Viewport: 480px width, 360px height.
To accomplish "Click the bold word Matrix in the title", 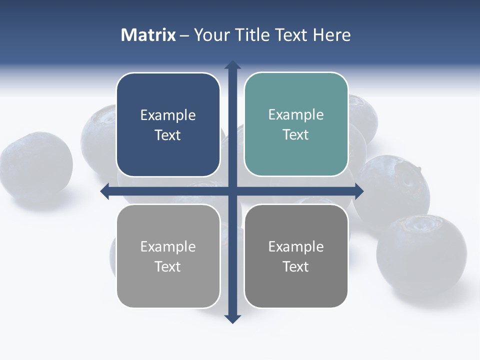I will pyautogui.click(x=148, y=35).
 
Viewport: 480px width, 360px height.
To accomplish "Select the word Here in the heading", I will pyautogui.click(x=331, y=35).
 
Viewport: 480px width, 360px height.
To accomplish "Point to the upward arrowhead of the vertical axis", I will pyautogui.click(x=232, y=65).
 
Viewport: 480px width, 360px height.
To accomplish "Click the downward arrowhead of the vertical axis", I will pyautogui.click(x=232, y=318).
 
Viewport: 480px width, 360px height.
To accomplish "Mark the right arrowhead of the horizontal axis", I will pyautogui.click(x=359, y=191).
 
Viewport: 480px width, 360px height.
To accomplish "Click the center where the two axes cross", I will pyautogui.click(x=232, y=191).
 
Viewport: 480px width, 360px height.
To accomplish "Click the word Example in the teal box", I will pyautogui.click(x=296, y=115).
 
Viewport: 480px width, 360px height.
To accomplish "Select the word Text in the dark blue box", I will pyautogui.click(x=168, y=135).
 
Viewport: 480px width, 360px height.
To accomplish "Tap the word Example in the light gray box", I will pyautogui.click(x=168, y=246).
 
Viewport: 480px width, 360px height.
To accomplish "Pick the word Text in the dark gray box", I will pyautogui.click(x=296, y=266).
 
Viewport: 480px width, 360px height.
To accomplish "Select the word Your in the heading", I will pyautogui.click(x=211, y=35).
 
